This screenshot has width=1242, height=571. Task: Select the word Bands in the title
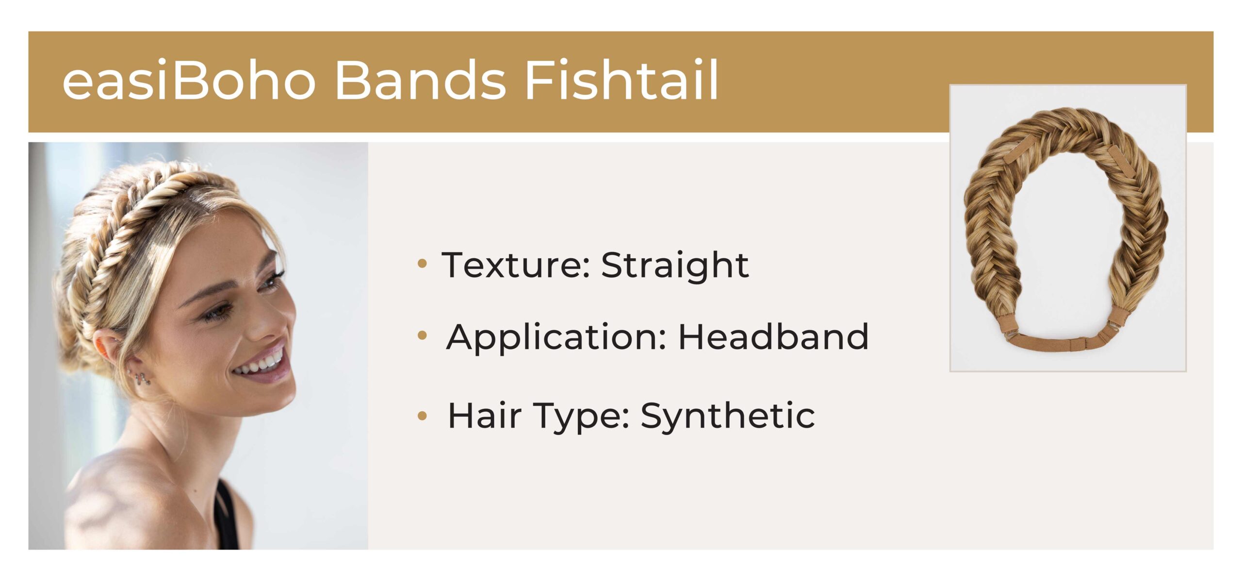click(x=421, y=80)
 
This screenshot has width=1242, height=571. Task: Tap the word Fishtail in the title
click(x=621, y=80)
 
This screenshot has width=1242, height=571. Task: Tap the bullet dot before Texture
click(x=422, y=264)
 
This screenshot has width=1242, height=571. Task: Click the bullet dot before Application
click(x=422, y=335)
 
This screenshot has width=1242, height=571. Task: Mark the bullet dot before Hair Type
click(x=422, y=415)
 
